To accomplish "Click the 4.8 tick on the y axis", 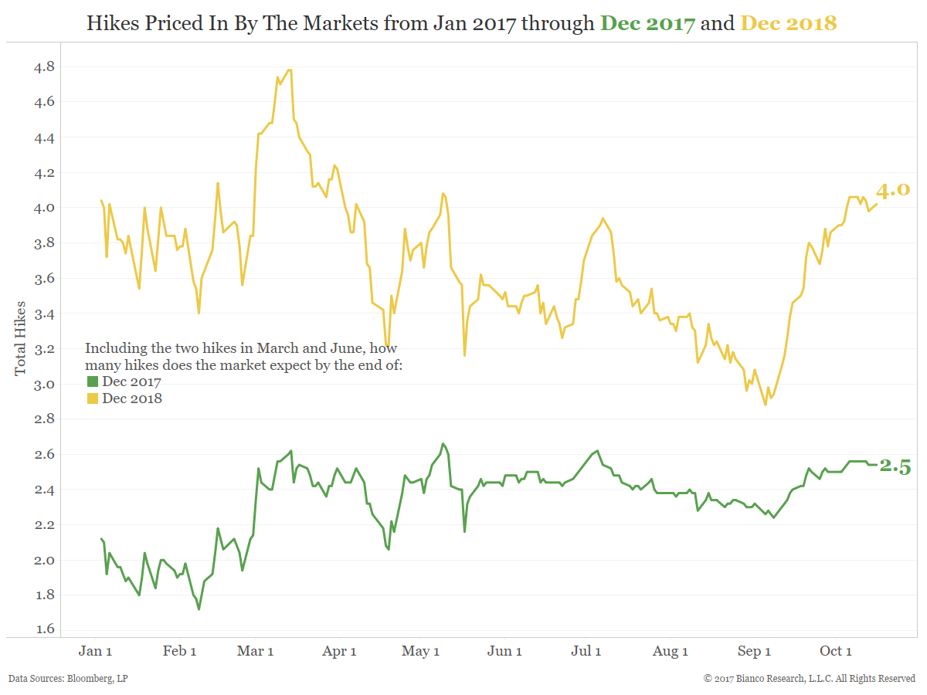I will click(x=43, y=67).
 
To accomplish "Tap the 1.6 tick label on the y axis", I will click(x=43, y=629).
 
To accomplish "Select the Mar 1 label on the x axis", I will click(x=255, y=651).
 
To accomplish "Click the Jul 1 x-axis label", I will click(x=586, y=651).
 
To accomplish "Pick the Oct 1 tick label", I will click(x=835, y=651).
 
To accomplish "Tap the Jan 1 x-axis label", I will click(x=96, y=651).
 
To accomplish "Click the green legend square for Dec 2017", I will click(x=92, y=381).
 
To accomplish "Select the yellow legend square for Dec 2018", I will click(x=92, y=398).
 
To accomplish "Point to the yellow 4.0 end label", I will click(x=893, y=190).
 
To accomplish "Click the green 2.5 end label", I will click(x=895, y=466).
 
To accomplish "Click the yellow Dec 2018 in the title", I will click(x=788, y=23).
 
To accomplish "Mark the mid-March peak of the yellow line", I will click(x=290, y=70).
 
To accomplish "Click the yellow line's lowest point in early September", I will click(x=766, y=404).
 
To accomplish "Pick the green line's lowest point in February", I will click(x=199, y=609).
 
